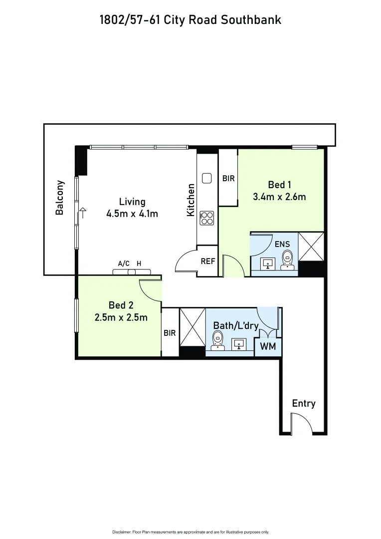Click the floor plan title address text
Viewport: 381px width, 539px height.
pyautogui.click(x=190, y=20)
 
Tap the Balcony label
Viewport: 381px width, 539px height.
pyautogui.click(x=60, y=197)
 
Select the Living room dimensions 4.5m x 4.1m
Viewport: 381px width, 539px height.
pyautogui.click(x=132, y=214)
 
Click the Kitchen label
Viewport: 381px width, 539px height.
pyautogui.click(x=190, y=200)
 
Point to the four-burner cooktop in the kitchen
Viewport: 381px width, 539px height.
pyautogui.click(x=206, y=218)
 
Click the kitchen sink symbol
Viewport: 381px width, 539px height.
pyautogui.click(x=206, y=178)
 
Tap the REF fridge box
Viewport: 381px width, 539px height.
pyautogui.click(x=208, y=261)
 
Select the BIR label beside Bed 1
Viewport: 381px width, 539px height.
pyautogui.click(x=228, y=178)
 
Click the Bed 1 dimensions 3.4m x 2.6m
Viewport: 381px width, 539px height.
pyautogui.click(x=279, y=197)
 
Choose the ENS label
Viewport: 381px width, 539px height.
pyautogui.click(x=281, y=244)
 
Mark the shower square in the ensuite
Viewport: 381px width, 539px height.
pyautogui.click(x=311, y=247)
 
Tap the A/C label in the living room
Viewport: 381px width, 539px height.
pyautogui.click(x=123, y=264)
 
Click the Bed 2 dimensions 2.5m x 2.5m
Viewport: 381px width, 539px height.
pyautogui.click(x=121, y=317)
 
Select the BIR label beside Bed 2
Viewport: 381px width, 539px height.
pyautogui.click(x=170, y=333)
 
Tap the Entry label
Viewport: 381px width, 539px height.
pyautogui.click(x=304, y=403)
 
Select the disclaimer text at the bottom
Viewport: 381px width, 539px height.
pyautogui.click(x=190, y=532)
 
